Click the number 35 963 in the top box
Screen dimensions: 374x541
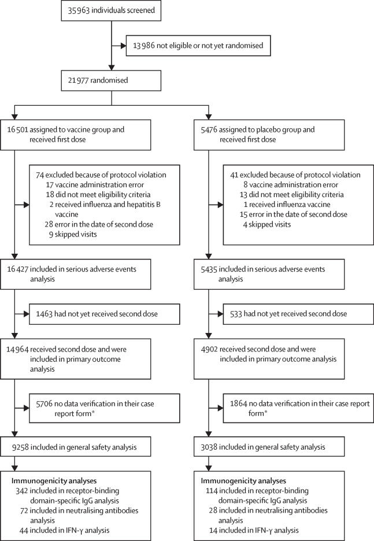point(78,10)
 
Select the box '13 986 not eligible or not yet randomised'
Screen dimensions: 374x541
point(198,46)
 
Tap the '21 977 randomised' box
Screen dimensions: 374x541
point(111,80)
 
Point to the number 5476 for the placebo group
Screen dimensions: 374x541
point(209,129)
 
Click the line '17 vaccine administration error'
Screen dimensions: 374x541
point(95,184)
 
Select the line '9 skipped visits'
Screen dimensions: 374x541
point(73,234)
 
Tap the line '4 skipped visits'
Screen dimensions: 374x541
point(267,225)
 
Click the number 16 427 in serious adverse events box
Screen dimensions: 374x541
point(17,269)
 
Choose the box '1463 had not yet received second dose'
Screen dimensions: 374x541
point(105,314)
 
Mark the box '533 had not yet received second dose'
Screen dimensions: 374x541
point(298,314)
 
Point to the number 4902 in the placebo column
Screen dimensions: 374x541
point(209,349)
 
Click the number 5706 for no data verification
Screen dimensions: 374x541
point(44,403)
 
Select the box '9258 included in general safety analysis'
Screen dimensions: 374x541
point(76,447)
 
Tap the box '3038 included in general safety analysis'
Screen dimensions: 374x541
point(269,447)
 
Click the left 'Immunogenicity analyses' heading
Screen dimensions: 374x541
point(54,481)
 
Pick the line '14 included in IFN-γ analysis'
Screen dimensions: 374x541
point(254,530)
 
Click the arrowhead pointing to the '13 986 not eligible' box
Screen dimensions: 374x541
point(123,46)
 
